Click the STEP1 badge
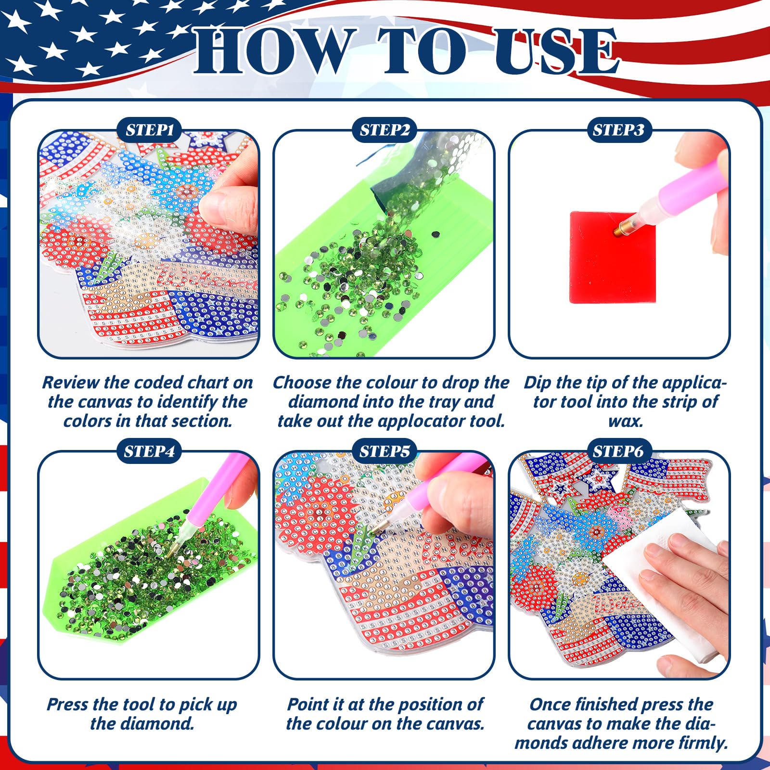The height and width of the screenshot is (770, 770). [x=149, y=130]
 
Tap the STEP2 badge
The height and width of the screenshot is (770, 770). [x=385, y=130]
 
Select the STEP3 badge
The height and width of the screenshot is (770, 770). [x=618, y=130]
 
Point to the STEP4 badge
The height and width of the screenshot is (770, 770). [x=149, y=451]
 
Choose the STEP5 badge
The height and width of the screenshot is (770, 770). [x=385, y=451]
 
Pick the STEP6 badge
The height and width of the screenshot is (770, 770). [x=618, y=451]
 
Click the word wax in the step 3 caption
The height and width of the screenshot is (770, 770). [x=626, y=421]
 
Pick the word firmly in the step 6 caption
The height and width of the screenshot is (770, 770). [x=703, y=743]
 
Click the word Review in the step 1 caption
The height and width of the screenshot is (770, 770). [x=71, y=383]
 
